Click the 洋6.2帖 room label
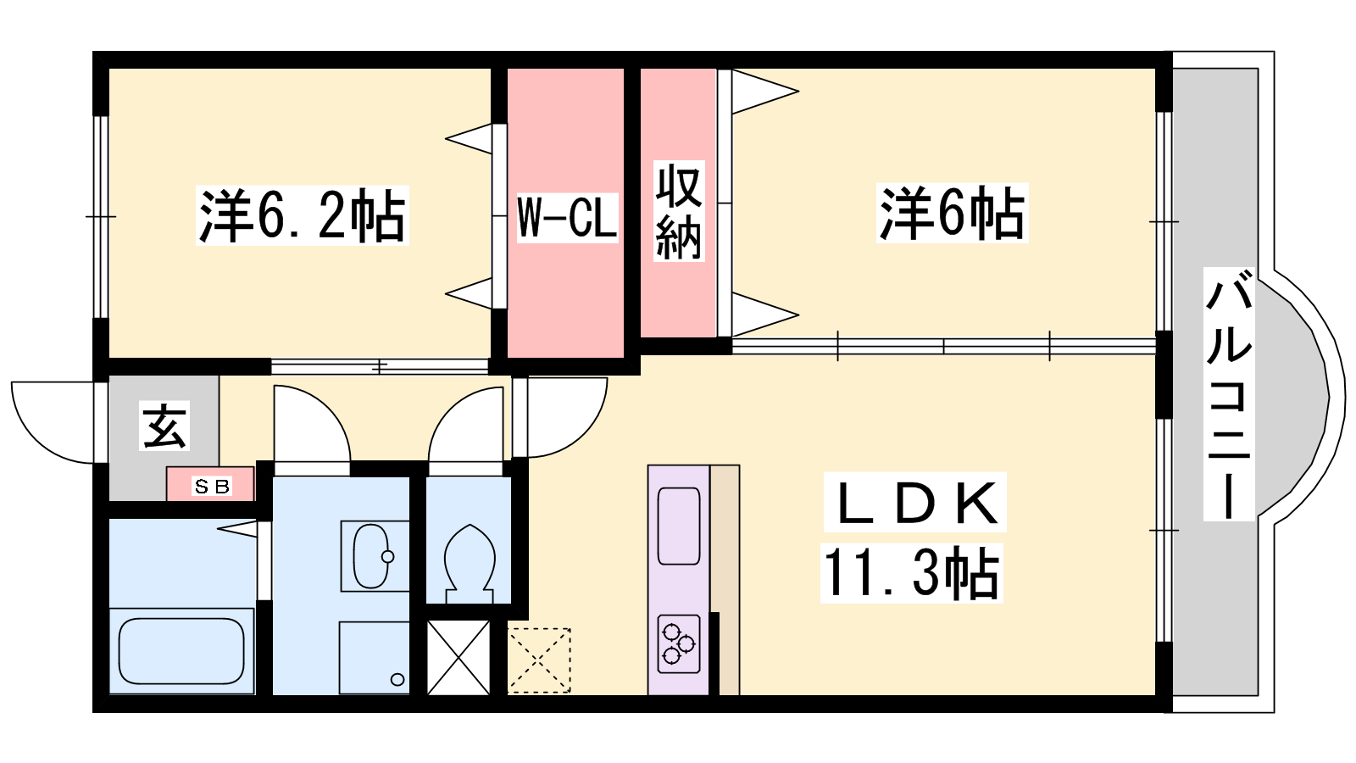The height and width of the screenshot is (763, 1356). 302,215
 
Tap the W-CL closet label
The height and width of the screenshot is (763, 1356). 567,217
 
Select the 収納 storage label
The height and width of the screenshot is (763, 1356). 679,211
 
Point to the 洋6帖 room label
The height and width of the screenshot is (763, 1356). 953,213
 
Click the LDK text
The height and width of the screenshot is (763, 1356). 915,503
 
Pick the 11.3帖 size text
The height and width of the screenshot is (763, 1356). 912,573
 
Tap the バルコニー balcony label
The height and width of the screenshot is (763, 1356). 1229,393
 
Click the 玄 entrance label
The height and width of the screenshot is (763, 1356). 164,425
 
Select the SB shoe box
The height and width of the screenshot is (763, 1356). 211,484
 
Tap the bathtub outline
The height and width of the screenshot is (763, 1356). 181,651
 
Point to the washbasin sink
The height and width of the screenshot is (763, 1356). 372,556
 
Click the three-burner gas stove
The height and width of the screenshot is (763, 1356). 679,644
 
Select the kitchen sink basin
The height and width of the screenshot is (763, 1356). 679,526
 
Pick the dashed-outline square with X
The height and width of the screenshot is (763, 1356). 539,660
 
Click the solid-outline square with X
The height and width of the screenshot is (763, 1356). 458,658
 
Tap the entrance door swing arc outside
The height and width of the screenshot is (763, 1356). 53,423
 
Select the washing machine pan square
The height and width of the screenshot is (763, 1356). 374,658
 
